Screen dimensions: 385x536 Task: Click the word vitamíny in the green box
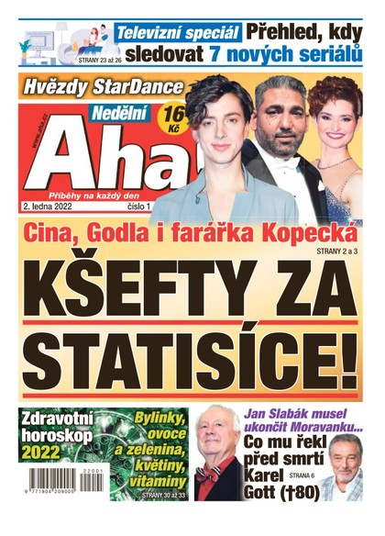click(157, 479)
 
